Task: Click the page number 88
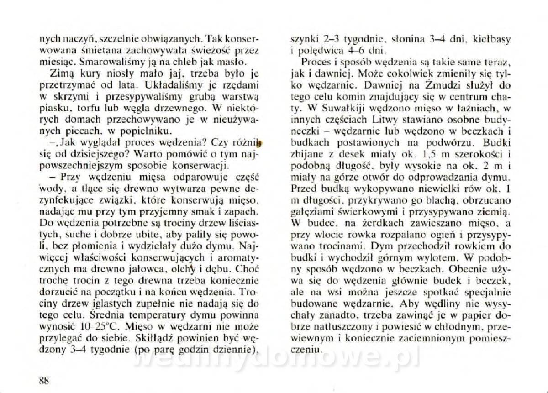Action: point(44,382)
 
